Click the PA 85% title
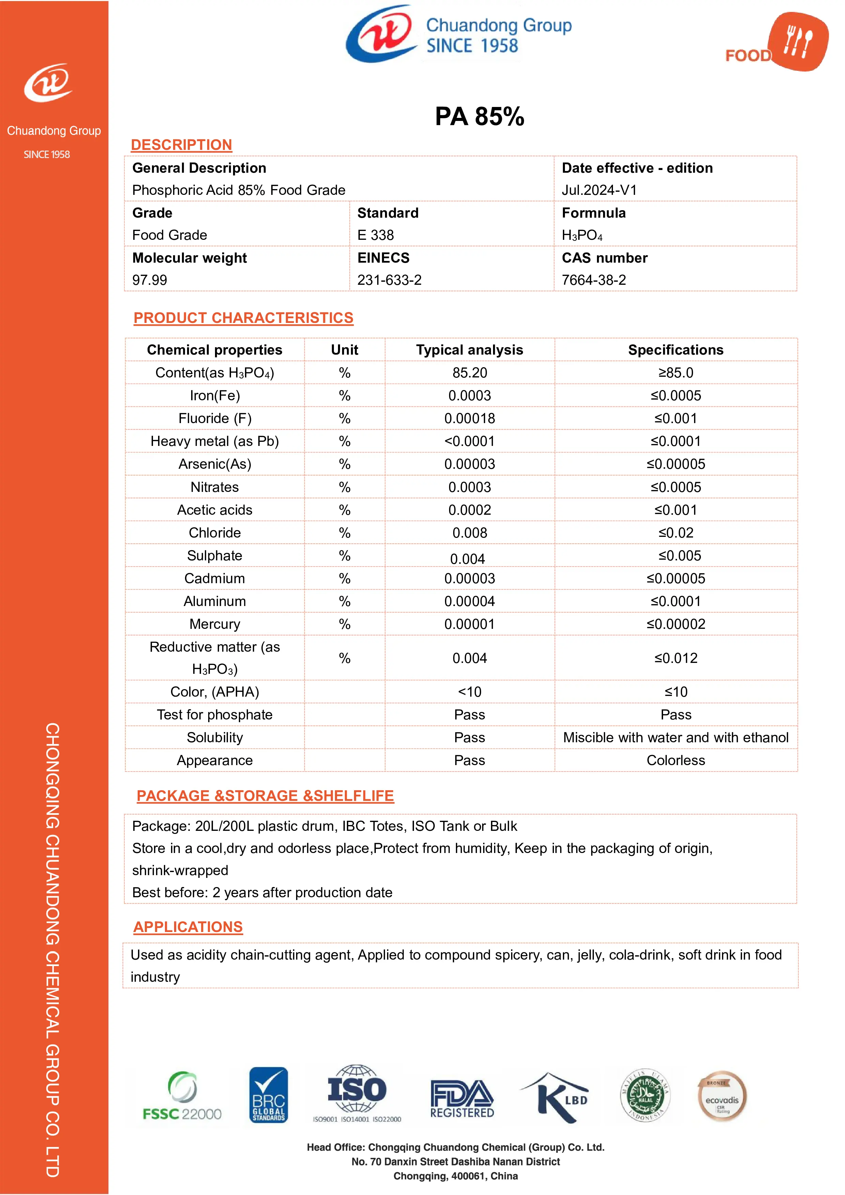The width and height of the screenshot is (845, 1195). click(x=479, y=116)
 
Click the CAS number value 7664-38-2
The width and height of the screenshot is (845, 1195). click(x=594, y=280)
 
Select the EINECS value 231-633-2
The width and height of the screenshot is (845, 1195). click(x=389, y=280)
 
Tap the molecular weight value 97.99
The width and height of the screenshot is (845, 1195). click(x=150, y=280)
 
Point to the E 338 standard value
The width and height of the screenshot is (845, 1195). click(x=375, y=235)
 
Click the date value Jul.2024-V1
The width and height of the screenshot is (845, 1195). click(x=599, y=190)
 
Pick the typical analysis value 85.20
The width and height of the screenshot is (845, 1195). click(x=469, y=373)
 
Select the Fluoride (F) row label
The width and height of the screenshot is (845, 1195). click(x=215, y=418)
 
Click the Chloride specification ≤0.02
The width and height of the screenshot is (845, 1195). click(x=675, y=533)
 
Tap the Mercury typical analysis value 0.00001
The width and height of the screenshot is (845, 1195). click(x=469, y=624)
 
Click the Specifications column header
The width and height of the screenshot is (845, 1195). click(x=675, y=350)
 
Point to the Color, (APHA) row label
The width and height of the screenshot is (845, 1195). click(x=215, y=692)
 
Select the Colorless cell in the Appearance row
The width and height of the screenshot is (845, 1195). click(x=675, y=760)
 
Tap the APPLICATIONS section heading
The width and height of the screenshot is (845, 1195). click(x=188, y=927)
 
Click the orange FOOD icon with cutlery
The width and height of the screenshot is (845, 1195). click(x=798, y=42)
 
